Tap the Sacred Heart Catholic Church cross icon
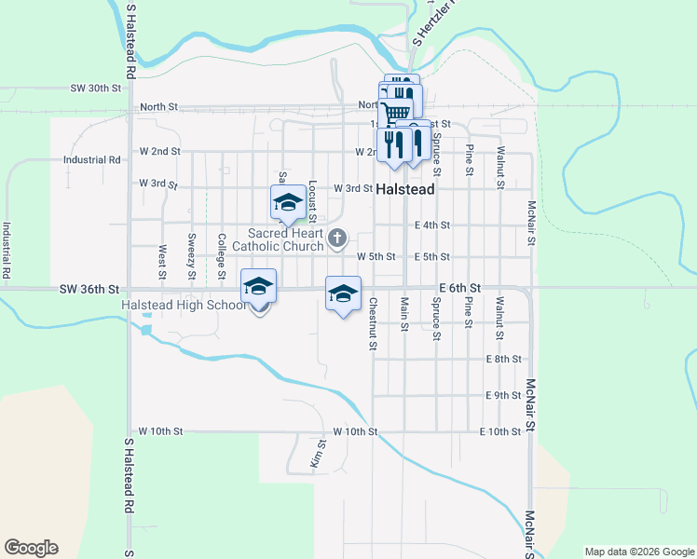click(337, 240)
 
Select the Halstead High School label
click(184, 306)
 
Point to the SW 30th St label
click(96, 89)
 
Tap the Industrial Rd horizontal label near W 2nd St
click(92, 159)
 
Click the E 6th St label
click(460, 289)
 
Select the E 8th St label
click(502, 359)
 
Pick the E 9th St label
click(502, 395)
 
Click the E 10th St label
click(499, 431)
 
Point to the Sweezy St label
click(192, 256)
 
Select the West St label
click(162, 263)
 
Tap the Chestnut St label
click(373, 324)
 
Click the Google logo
click(31, 548)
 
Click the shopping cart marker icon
click(397, 112)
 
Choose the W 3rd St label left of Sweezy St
click(157, 184)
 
